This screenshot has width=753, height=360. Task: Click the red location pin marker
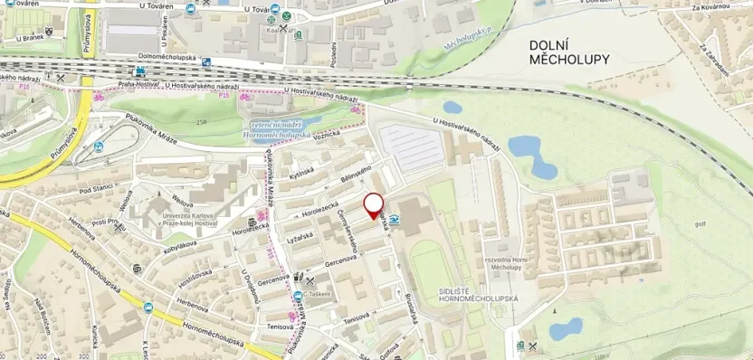coord(373,205)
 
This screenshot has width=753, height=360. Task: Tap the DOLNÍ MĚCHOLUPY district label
coord(569,52)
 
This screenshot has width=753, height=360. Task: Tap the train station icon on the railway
coord(140,71)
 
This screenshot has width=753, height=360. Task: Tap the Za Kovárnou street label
coord(710,8)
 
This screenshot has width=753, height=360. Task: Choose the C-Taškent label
coord(319,294)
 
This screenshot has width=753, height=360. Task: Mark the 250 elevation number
coord(201,122)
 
